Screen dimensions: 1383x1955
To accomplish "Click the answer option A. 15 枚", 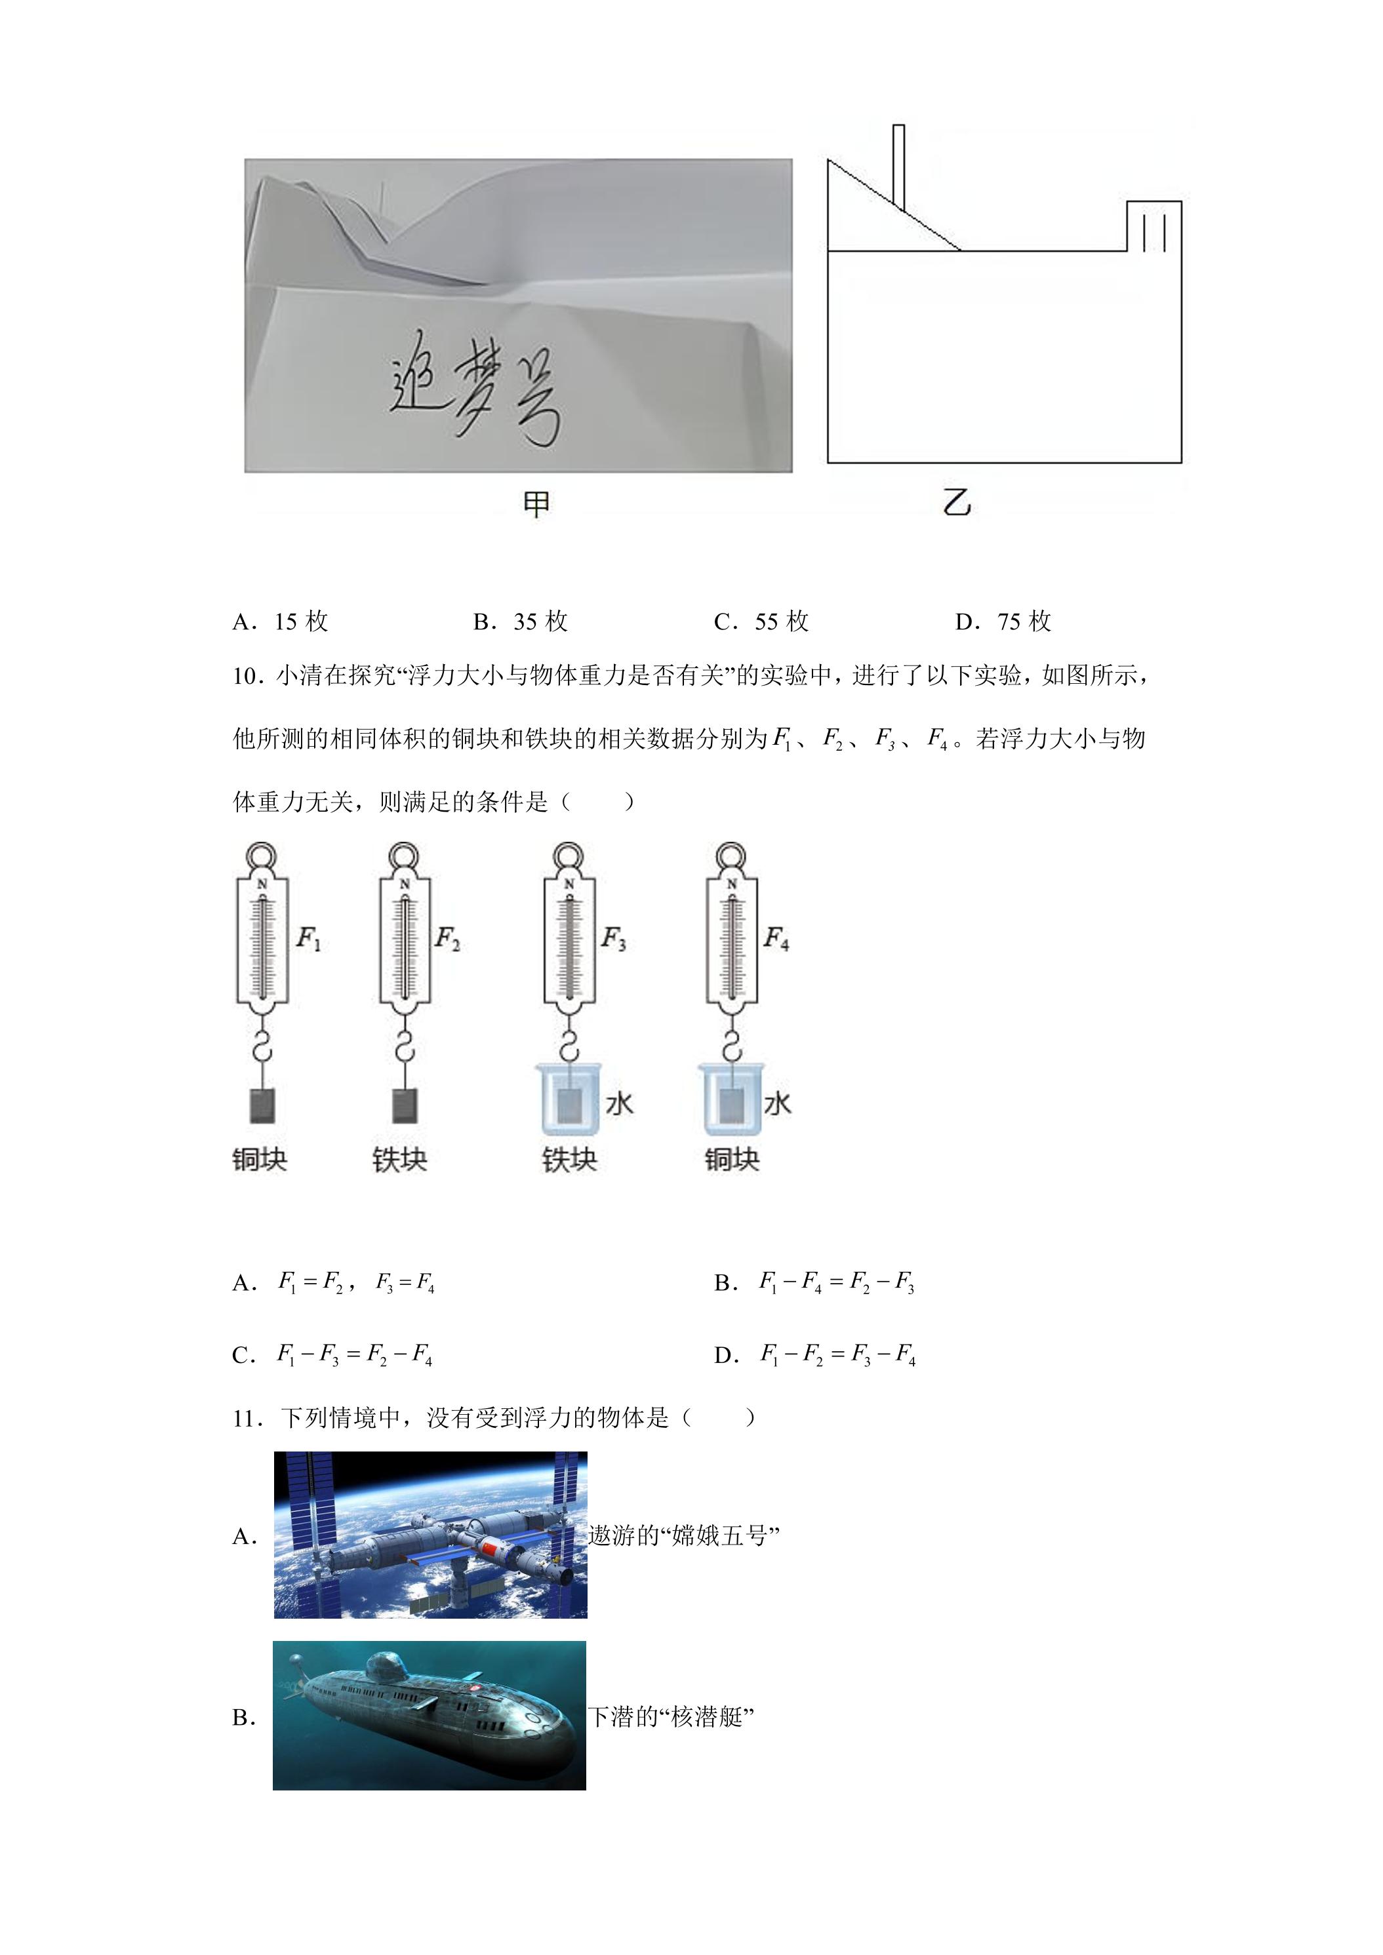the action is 280,622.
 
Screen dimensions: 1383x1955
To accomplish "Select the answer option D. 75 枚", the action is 1003,622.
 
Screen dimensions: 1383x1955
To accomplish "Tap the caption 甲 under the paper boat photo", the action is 536,505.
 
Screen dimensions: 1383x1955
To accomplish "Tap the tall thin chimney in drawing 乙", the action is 898,167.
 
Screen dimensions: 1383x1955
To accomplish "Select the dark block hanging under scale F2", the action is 405,1105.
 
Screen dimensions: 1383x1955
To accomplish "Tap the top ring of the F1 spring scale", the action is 262,855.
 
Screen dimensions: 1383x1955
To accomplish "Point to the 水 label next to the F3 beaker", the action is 619,1103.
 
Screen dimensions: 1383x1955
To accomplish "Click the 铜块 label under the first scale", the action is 260,1159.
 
